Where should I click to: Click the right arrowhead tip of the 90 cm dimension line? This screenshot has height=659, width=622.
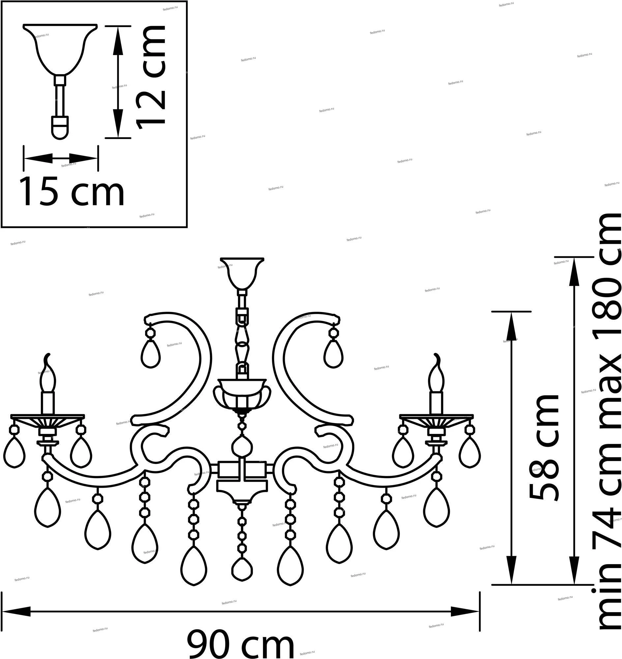[479, 612]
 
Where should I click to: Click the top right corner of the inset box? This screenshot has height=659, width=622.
[187, 1]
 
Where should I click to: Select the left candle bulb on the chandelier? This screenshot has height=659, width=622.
[48, 373]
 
